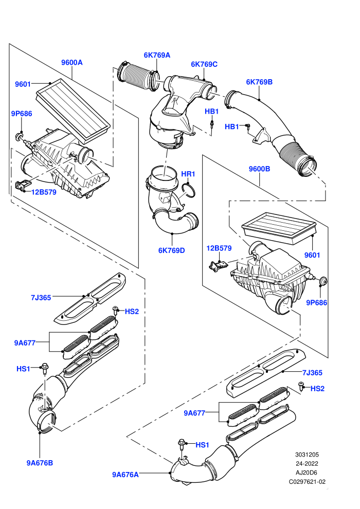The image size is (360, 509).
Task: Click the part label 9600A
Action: pyautogui.click(x=71, y=62)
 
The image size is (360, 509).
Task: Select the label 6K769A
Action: pyautogui.click(x=157, y=55)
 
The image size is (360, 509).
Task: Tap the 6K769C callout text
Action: pyautogui.click(x=204, y=64)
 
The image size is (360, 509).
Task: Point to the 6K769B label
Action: pyautogui.click(x=259, y=82)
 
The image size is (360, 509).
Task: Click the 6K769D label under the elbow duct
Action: pyautogui.click(x=171, y=250)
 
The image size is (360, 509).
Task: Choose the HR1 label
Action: pyautogui.click(x=188, y=174)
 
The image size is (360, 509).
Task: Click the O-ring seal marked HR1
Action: pyautogui.click(x=189, y=190)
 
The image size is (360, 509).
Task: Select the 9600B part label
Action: pyautogui.click(x=259, y=169)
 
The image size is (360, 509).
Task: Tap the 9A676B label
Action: pyautogui.click(x=40, y=463)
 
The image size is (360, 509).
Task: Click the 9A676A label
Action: pyautogui.click(x=125, y=475)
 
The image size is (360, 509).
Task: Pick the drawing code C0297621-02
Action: pyautogui.click(x=307, y=482)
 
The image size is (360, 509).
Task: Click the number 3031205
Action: pyautogui.click(x=307, y=455)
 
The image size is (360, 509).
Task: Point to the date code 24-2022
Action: pyautogui.click(x=307, y=464)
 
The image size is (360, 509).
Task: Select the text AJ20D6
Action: pyautogui.click(x=307, y=472)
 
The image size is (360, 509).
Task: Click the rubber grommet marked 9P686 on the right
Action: pyautogui.click(x=323, y=281)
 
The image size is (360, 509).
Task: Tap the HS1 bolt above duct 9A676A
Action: pyautogui.click(x=182, y=444)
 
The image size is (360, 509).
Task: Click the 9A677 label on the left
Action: pyautogui.click(x=25, y=343)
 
